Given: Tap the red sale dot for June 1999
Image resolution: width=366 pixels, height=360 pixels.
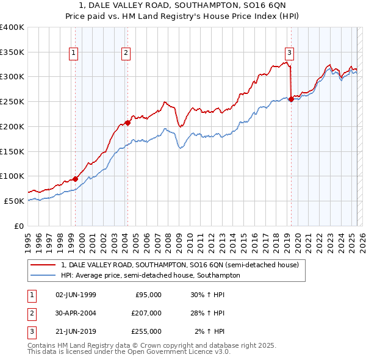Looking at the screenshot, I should [x=75, y=179].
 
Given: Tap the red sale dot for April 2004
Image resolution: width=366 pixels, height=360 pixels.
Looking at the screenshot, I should [x=128, y=123].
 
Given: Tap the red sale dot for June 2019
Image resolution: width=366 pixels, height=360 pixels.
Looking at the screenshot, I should [x=291, y=99].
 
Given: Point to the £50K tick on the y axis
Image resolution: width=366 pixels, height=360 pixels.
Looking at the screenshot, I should [x=15, y=201].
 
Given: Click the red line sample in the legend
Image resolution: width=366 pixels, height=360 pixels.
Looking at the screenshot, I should [x=43, y=265].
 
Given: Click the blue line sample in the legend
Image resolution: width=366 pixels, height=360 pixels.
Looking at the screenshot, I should [x=43, y=276].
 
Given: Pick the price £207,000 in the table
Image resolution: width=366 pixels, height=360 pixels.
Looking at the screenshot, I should [x=146, y=313].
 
